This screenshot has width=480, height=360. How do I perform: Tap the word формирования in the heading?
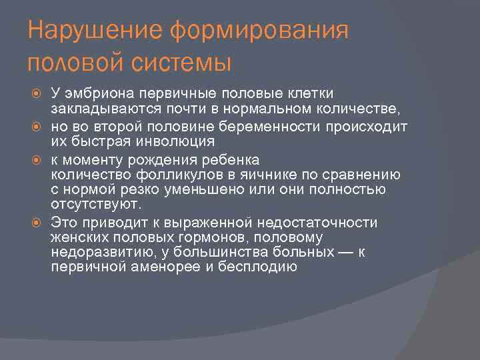pos(259,31)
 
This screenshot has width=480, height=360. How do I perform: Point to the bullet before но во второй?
pos(41,126)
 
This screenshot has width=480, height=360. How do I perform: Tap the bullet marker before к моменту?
pos(41,159)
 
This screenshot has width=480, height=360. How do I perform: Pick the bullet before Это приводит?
pos(41,222)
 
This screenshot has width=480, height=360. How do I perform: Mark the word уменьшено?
pos(206,191)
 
